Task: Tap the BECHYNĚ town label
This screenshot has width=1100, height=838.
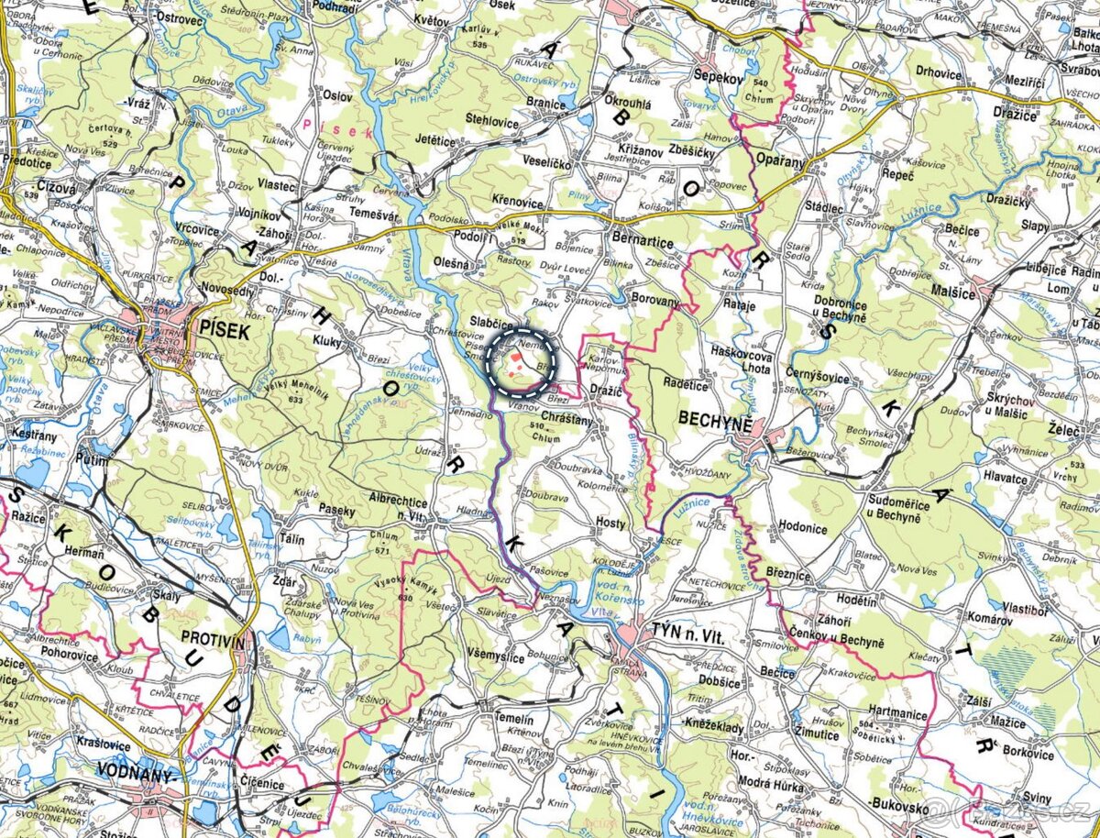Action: tap(715, 420)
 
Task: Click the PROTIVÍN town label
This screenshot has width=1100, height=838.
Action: tap(214, 638)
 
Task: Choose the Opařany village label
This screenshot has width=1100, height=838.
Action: tap(780, 160)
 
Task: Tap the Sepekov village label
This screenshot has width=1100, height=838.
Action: tap(718, 77)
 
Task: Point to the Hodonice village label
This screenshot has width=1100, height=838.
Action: tap(802, 528)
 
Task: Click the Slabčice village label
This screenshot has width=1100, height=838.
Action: tap(491, 322)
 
